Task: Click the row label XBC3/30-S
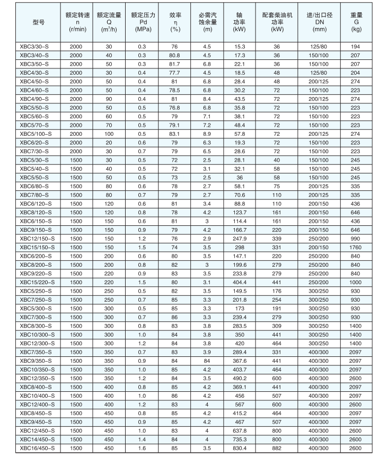click(x=34, y=47)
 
